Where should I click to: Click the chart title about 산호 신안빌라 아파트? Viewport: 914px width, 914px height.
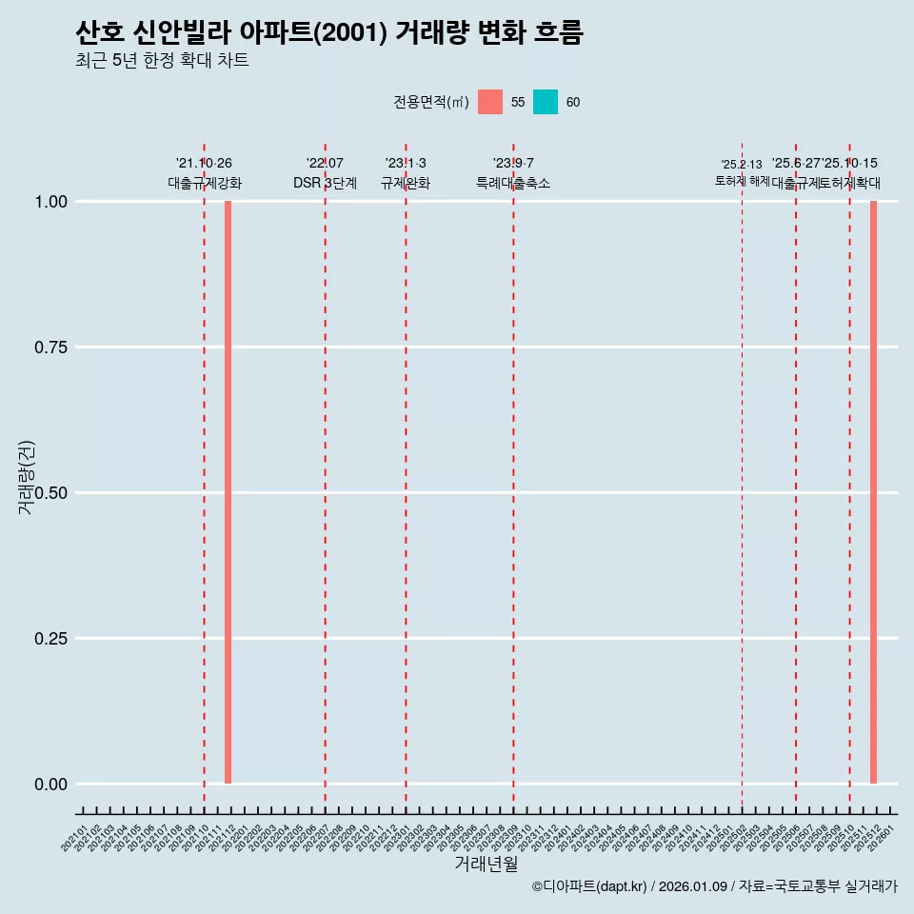[x=328, y=32]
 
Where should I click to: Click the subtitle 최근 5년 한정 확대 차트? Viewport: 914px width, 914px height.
[x=162, y=61]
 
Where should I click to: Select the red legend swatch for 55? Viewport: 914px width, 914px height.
[x=490, y=102]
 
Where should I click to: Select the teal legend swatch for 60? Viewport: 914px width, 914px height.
[x=546, y=102]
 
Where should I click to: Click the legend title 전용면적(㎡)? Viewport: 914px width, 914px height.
[x=430, y=102]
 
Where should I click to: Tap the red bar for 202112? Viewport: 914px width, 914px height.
[x=228, y=492]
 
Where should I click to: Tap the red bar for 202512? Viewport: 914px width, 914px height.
[x=873, y=492]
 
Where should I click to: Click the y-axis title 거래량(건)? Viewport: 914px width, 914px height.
[x=26, y=478]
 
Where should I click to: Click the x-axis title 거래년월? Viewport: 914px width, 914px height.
[x=487, y=864]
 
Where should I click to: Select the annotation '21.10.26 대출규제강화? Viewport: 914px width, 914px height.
[x=204, y=173]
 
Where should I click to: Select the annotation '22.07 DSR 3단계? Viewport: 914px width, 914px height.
[x=325, y=173]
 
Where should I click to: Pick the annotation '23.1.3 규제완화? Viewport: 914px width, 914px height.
[x=406, y=173]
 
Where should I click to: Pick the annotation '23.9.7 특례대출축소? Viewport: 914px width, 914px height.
[x=513, y=173]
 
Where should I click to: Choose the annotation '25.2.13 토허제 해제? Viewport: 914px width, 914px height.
[x=742, y=172]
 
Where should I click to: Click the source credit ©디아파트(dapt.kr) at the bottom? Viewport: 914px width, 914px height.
[x=714, y=886]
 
